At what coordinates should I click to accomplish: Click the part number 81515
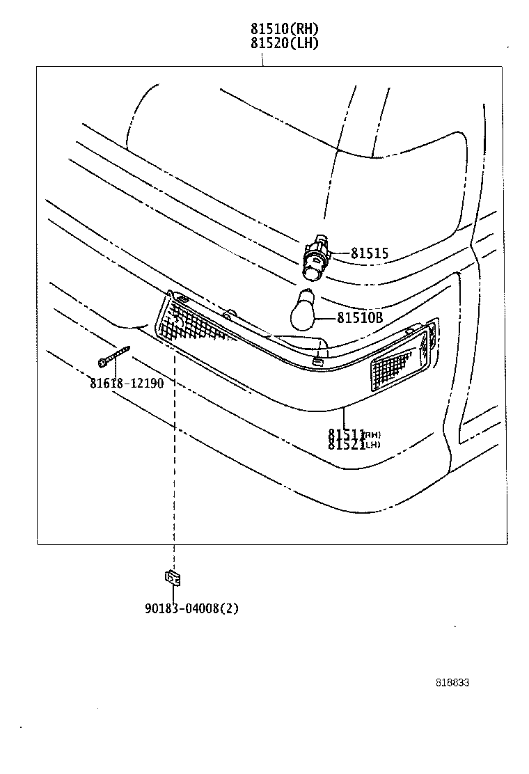tap(369, 254)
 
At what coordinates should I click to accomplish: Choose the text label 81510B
tap(360, 318)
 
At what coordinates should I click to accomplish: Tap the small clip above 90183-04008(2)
tap(172, 577)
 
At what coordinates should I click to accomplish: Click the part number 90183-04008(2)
tap(191, 608)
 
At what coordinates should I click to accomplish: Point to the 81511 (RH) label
tap(354, 434)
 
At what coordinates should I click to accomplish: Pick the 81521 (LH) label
tap(354, 445)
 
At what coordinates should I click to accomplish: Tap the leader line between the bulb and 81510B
tap(327, 318)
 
